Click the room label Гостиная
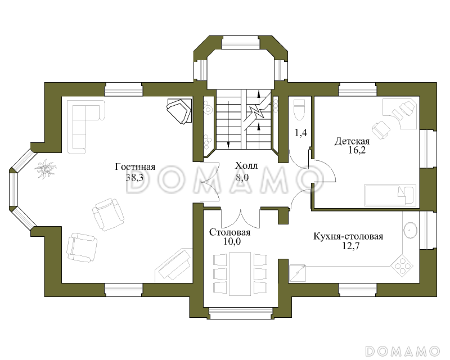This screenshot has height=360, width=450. coord(135,167)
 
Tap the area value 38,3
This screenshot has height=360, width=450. coord(135,178)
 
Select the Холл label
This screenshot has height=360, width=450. coord(246,166)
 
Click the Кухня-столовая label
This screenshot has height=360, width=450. coord(348,236)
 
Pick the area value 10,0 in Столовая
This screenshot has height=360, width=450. coord(230,242)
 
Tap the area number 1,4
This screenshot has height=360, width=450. coord(301,133)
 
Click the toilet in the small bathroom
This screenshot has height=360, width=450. coord(299,110)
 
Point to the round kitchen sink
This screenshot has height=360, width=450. coord(410,229)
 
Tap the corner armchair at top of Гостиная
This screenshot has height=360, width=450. coord(180,110)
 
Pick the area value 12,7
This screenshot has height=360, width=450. coord(348,246)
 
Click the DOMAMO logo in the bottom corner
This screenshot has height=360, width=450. coord(402,350)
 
